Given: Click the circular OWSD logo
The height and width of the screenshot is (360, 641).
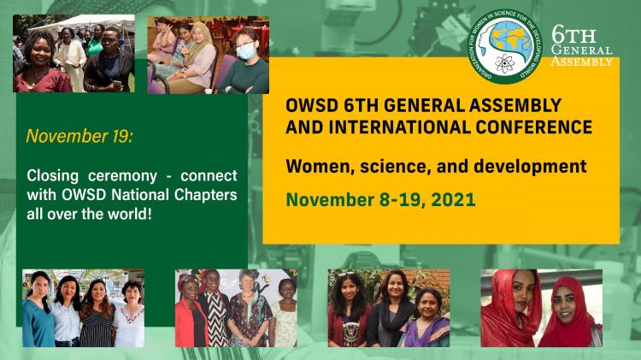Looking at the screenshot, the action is pyautogui.click(x=505, y=47).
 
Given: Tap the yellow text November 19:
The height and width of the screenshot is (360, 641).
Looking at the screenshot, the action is pyautogui.click(x=79, y=136).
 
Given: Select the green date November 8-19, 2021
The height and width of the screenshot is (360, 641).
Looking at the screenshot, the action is pyautogui.click(x=380, y=200).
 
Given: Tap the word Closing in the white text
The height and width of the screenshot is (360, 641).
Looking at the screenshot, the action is pyautogui.click(x=53, y=176).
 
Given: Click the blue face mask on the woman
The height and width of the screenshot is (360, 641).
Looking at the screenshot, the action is pyautogui.click(x=245, y=51).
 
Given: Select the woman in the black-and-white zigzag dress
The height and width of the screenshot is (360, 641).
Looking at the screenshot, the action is pyautogui.click(x=214, y=311).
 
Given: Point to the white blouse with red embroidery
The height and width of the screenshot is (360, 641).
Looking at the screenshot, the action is pyautogui.click(x=129, y=326).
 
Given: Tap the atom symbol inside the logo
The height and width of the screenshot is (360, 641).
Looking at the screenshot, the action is pyautogui.click(x=503, y=63).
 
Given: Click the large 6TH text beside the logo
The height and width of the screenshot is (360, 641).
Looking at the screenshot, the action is pyautogui.click(x=573, y=35).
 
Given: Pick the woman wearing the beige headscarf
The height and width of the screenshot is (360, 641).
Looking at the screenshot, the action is pyautogui.click(x=197, y=57).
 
